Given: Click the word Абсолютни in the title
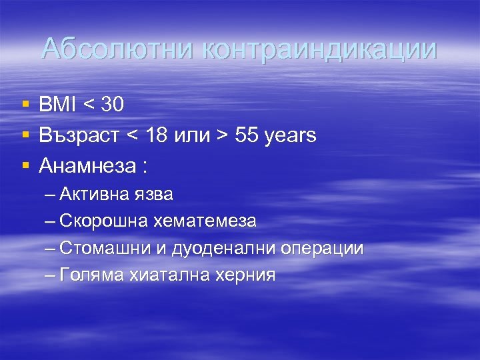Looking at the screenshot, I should [x=117, y=50].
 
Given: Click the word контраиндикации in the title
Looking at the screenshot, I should [x=319, y=50].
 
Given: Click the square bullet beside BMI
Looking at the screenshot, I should [x=25, y=105].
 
